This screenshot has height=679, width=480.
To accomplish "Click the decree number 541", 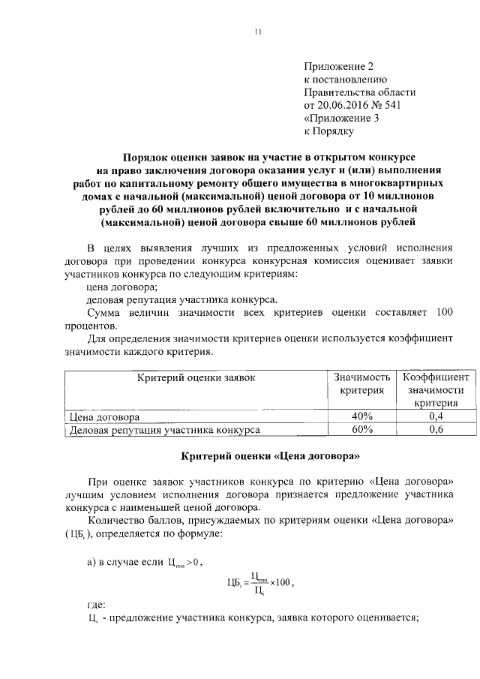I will point(404,105).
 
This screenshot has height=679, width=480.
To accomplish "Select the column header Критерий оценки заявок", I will point(196,377).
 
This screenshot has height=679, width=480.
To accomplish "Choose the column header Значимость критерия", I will point(361,384).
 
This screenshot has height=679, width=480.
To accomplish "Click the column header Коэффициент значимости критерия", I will point(436,390).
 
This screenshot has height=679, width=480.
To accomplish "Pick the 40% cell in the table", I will point(361,416).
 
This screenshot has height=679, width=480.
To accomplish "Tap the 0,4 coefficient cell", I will point(436,416).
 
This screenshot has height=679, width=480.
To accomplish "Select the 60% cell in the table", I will point(361,430).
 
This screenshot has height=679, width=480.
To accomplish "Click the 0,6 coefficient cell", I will point(436,430).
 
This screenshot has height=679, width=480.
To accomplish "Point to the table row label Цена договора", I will point(104,417).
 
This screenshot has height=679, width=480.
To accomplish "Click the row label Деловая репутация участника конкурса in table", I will point(164,431).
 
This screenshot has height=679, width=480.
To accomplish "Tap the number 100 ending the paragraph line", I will point(443,311).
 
